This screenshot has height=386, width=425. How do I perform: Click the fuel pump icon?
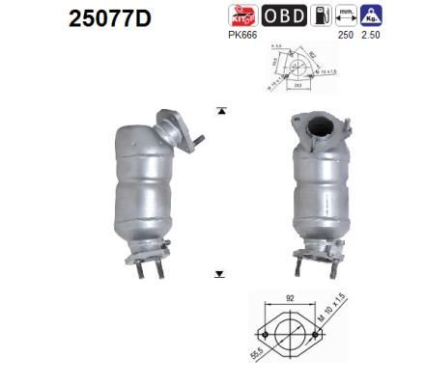coord(328,15)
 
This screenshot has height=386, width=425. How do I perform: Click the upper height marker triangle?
coord(220,111)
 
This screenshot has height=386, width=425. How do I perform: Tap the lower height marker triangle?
coord(220,275)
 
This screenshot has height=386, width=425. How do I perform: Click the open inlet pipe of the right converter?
coord(315,126)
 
